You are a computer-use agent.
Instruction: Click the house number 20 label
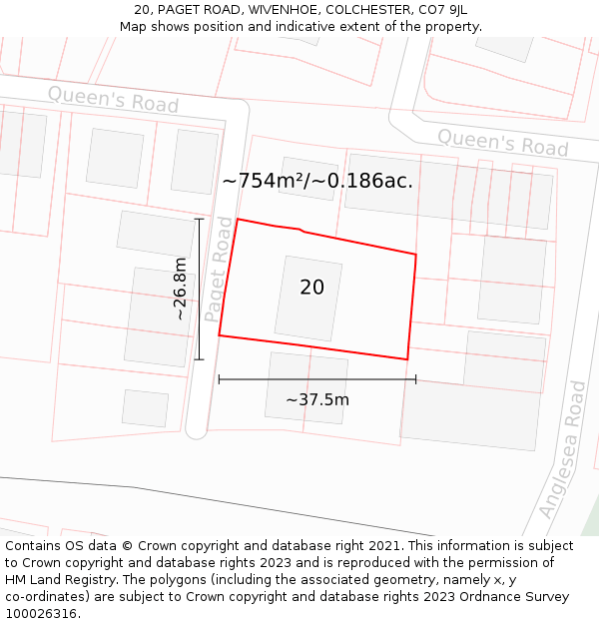[311, 288]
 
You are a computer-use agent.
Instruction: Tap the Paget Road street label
[219, 270]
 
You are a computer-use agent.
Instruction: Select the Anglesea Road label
[562, 449]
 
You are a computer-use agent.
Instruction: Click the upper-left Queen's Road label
[113, 100]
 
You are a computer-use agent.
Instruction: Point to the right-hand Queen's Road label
[503, 143]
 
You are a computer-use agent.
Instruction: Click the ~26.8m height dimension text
[180, 289]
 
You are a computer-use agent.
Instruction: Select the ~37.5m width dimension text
[317, 400]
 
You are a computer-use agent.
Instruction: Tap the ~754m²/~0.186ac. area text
[317, 181]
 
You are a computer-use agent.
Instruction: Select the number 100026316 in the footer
[40, 614]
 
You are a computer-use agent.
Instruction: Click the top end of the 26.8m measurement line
[199, 219]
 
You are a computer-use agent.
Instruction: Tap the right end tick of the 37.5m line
[415, 379]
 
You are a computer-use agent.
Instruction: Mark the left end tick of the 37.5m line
[219, 379]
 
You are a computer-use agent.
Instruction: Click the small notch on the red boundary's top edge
[299, 231]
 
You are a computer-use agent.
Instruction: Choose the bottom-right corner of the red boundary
[407, 359]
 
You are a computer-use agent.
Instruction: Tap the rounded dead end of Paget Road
[196, 430]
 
